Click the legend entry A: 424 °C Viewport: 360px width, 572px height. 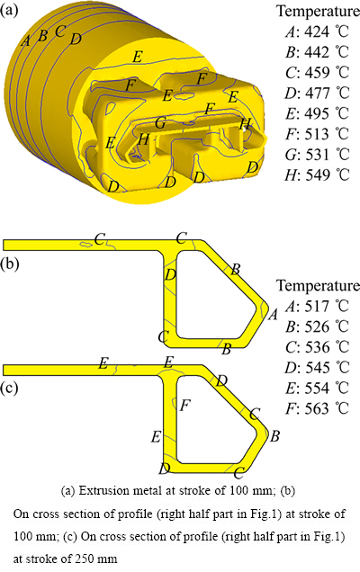coord(317,31)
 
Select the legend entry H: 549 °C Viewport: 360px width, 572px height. coord(317,174)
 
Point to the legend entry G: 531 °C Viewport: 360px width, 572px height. coord(317,155)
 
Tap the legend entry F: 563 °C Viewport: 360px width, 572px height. coord(317,408)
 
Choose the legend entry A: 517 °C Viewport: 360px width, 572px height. coord(317,306)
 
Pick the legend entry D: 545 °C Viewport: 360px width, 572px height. coord(317,367)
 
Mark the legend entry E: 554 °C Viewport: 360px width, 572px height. coord(317,388)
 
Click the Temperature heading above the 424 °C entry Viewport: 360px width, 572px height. coord(318,12)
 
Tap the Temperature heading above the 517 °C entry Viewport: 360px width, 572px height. coord(318,285)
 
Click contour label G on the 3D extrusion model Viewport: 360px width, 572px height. coord(160,123)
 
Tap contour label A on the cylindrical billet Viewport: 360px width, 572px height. coord(25,40)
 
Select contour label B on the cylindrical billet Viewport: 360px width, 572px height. coord(42,36)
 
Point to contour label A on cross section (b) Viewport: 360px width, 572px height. coord(273,314)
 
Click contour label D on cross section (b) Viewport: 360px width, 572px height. coord(170,274)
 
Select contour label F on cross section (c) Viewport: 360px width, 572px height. coord(185,405)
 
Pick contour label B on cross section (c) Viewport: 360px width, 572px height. coord(274,436)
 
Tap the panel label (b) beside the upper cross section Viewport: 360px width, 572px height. coord(10,264)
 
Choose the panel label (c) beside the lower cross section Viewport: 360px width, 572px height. coord(9,389)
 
